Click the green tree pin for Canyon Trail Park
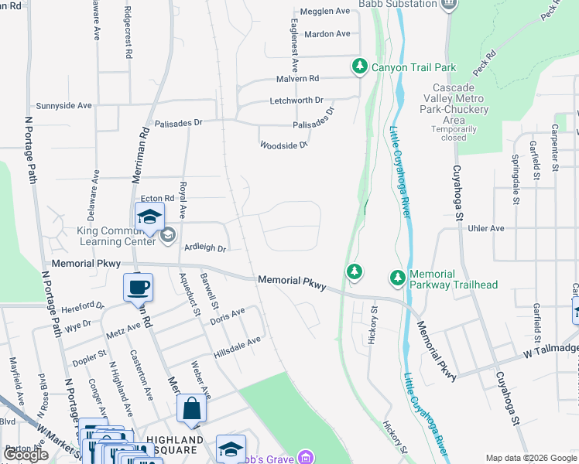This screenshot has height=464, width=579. [x=359, y=67]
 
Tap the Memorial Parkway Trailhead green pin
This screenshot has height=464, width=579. [x=397, y=277]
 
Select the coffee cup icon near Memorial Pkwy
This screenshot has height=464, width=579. [x=138, y=288]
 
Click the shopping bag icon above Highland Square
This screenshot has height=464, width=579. [x=191, y=409]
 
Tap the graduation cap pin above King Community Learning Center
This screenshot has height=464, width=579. [x=149, y=217]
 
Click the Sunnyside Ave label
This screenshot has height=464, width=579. [x=63, y=105]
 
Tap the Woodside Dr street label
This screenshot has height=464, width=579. [x=284, y=145]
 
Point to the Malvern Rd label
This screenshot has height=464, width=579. [x=298, y=79]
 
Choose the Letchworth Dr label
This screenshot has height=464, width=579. [x=296, y=101]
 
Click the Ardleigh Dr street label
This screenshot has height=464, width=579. [x=205, y=248]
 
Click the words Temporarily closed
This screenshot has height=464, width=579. [x=454, y=133]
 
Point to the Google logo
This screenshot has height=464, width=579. [x=27, y=455]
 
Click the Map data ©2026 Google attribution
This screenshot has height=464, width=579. [x=529, y=458]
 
